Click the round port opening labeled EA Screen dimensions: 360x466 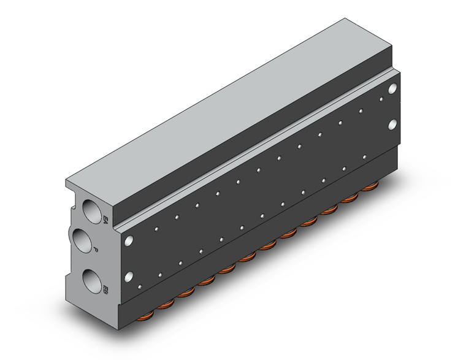tap(91, 210)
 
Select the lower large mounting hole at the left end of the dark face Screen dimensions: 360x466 tap(130, 275)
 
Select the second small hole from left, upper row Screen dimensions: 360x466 tap(176, 216)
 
